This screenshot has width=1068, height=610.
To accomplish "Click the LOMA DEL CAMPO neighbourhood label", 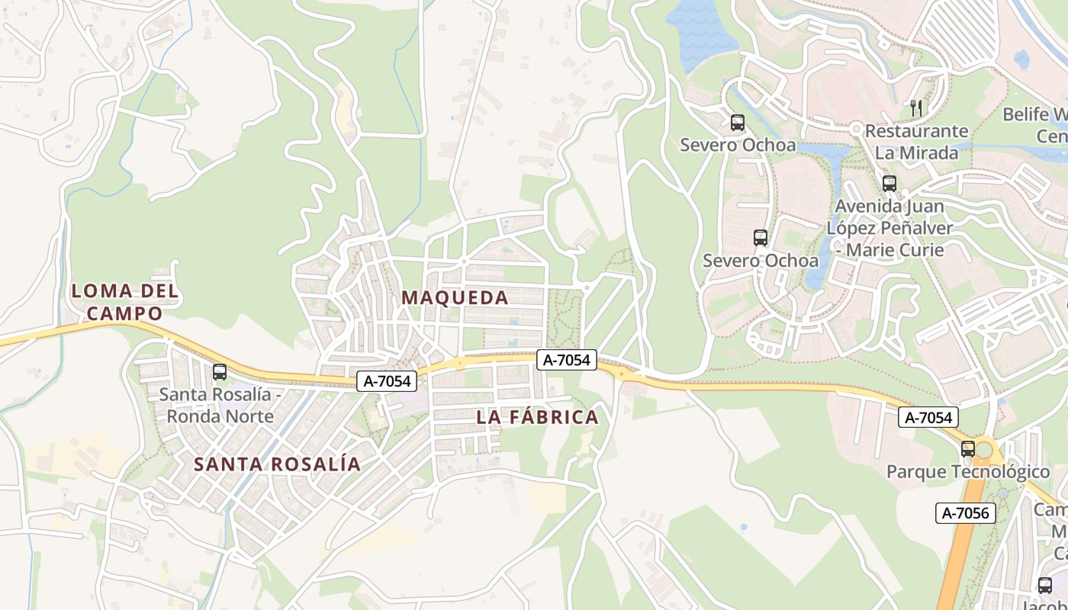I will (x=125, y=302).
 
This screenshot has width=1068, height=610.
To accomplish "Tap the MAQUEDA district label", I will (x=455, y=298).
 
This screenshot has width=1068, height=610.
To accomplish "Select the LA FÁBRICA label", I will (x=537, y=418).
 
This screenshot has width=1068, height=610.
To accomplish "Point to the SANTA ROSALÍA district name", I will (x=277, y=464).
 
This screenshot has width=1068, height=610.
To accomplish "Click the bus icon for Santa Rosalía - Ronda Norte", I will (x=220, y=372).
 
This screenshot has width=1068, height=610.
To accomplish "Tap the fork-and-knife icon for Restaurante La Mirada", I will (x=916, y=108).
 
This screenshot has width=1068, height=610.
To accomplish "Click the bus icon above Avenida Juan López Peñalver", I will (x=889, y=183).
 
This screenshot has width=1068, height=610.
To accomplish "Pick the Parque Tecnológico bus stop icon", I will (x=968, y=449).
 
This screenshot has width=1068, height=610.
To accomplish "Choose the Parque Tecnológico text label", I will (x=968, y=472).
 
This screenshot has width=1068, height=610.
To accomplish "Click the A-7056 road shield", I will (x=966, y=513).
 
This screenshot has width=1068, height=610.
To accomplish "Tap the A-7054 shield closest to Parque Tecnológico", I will (x=928, y=417).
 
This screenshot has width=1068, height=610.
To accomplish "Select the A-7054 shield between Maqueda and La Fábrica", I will (x=566, y=361).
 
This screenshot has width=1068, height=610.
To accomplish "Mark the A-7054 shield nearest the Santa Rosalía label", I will (x=387, y=381).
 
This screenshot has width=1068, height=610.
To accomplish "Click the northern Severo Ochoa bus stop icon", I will (x=737, y=122).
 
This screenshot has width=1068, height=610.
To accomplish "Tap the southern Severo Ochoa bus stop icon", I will (x=760, y=238).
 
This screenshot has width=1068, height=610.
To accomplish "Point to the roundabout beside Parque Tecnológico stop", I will (x=986, y=450).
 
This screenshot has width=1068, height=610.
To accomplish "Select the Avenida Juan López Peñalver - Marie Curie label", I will (x=889, y=228).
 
